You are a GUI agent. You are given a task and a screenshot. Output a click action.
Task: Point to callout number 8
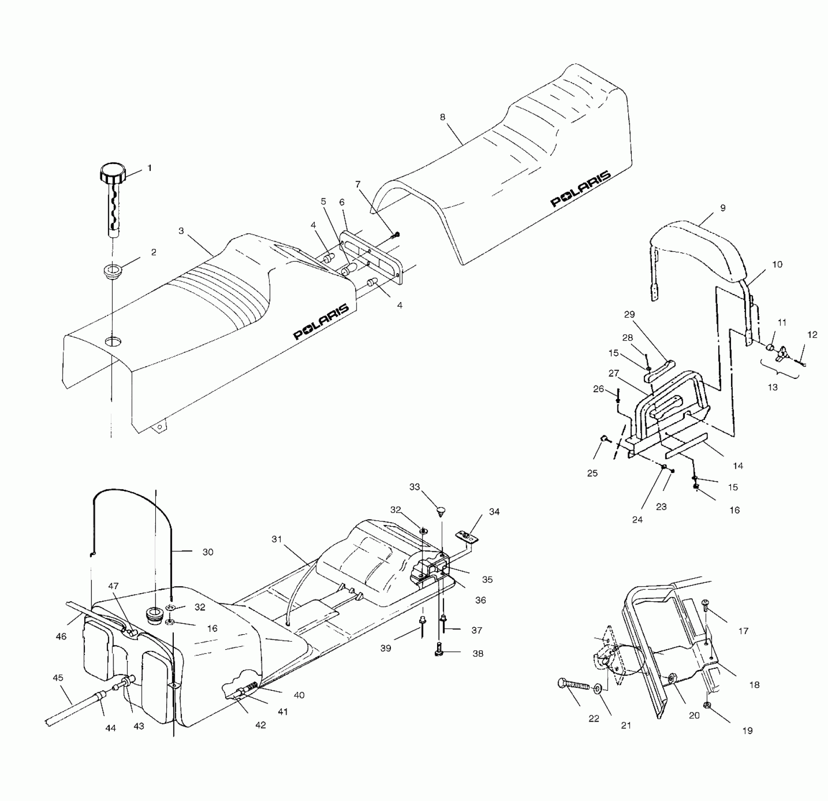pos(442,117)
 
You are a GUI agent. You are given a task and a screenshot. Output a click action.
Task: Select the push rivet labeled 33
pos(441,510)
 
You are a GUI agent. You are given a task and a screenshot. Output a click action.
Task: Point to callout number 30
pos(208,552)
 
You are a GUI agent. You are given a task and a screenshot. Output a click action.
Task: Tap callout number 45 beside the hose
pos(58,678)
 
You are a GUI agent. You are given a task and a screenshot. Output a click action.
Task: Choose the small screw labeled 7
pos(396,234)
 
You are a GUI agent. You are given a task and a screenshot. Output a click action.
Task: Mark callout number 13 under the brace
pos(772,387)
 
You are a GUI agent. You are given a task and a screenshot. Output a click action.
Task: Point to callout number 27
pos(613,374)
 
